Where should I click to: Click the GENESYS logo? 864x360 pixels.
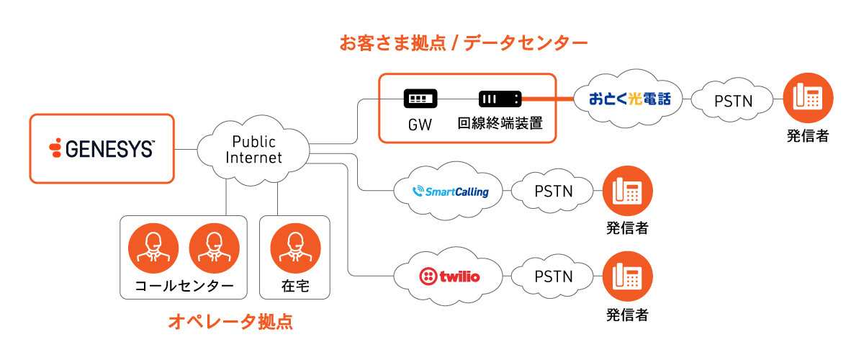click(102, 148)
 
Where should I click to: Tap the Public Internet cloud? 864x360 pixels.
click(253, 150)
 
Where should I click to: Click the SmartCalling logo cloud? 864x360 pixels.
click(451, 192)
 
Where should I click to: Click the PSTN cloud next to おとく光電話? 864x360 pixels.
click(733, 101)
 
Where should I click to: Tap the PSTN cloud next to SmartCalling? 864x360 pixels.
click(553, 192)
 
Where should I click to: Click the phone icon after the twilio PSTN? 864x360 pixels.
click(627, 276)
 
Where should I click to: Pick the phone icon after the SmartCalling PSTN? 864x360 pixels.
click(627, 191)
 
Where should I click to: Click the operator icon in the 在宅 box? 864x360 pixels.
click(294, 248)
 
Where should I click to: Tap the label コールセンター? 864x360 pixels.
click(184, 286)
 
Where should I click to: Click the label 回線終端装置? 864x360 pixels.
click(500, 124)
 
